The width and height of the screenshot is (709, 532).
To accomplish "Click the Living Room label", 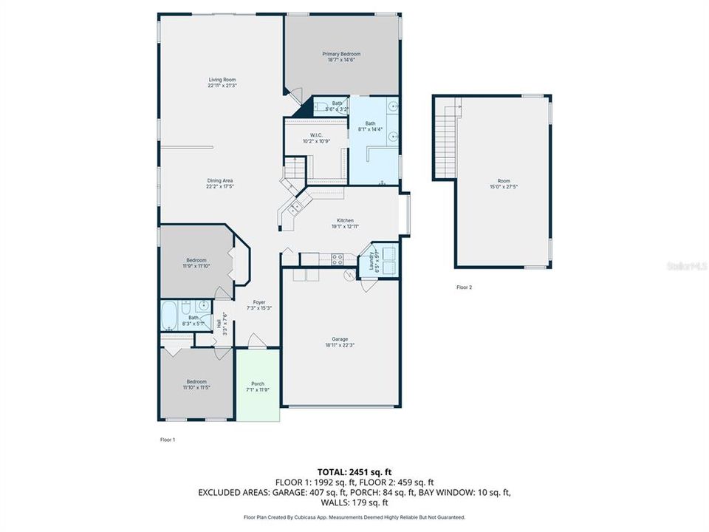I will click(222, 79).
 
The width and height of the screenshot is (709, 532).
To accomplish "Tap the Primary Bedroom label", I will click(340, 54).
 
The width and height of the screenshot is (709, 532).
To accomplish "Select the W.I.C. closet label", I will click(315, 135).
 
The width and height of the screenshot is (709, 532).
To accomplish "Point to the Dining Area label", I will click(220, 180).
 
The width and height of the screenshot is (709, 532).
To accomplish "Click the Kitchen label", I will click(345, 220).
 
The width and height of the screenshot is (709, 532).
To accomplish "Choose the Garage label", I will click(340, 339).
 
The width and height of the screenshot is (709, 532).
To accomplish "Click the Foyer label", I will click(259, 301).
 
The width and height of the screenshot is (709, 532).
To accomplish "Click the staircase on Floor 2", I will click(445, 140).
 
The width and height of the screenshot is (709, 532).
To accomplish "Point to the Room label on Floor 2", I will click(504, 181).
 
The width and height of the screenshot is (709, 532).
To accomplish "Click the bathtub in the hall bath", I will click(169, 316).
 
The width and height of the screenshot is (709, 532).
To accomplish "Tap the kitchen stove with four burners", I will click(337, 259).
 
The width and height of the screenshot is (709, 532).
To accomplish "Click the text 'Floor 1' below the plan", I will click(168, 440).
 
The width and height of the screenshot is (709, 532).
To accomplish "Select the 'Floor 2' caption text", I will click(464, 287).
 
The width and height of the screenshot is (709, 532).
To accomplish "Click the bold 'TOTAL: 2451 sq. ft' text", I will click(354, 471).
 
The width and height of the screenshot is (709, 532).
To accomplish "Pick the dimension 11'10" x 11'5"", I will click(196, 386).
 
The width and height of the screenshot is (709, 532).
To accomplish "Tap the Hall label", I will click(219, 324).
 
